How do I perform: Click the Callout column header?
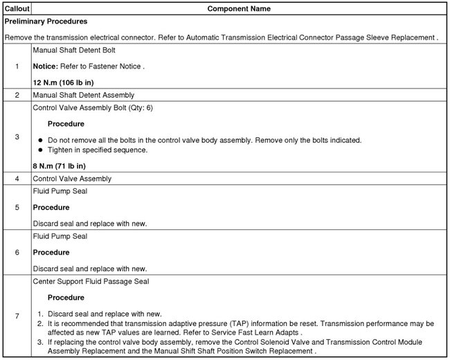pos(15,9)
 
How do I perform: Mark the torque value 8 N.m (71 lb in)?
pos(60,165)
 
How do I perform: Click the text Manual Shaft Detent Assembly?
pos(84,95)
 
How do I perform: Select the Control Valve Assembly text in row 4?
pos(72,179)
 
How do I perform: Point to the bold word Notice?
pos(47,66)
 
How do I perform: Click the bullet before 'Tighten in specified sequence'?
pos(40,150)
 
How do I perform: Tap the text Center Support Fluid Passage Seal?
pos(91,281)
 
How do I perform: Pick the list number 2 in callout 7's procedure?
pos(39,323)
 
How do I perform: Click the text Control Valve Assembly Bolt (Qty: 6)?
pos(93,108)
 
